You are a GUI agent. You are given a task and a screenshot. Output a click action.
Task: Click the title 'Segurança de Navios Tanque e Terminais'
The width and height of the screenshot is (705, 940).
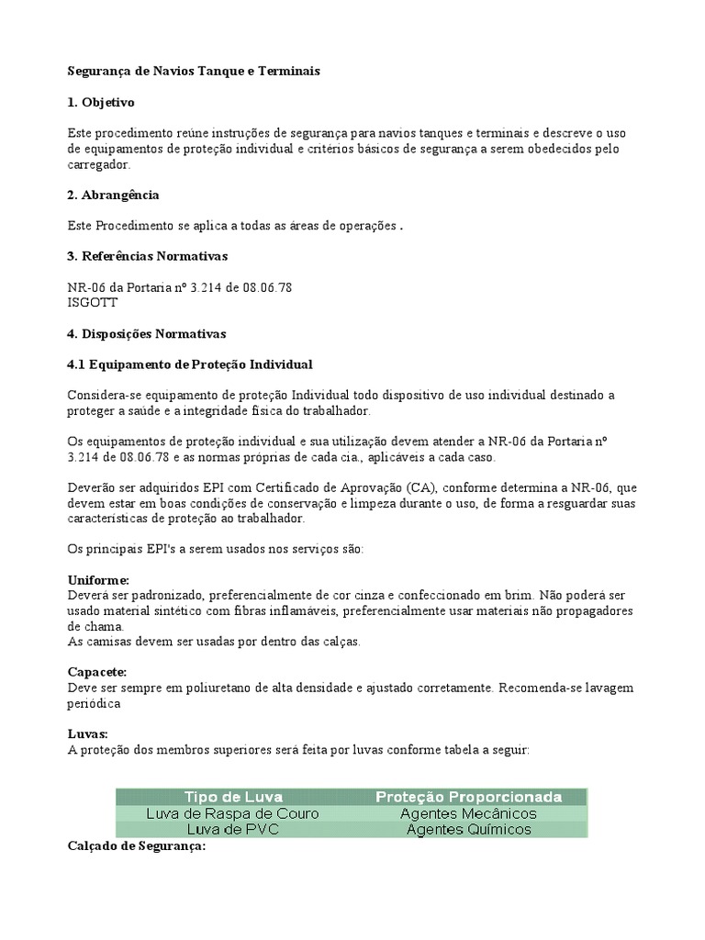[x=194, y=71]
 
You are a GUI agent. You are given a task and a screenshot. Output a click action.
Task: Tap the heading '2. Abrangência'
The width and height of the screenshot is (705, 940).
[x=113, y=195]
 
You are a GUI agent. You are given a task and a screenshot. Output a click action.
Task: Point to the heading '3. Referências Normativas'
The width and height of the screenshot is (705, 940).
[x=147, y=255]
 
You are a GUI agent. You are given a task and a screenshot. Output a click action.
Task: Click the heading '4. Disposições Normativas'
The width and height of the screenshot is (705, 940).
[x=146, y=333]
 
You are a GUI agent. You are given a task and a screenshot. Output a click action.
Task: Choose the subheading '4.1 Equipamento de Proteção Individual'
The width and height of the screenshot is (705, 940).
[x=190, y=364]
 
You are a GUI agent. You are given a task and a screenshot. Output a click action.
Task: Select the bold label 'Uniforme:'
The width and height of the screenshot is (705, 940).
[x=98, y=581]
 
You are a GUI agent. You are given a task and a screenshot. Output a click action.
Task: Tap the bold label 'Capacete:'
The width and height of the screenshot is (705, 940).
[x=97, y=673]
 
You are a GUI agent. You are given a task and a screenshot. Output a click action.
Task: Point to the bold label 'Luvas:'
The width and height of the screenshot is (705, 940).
[x=88, y=734]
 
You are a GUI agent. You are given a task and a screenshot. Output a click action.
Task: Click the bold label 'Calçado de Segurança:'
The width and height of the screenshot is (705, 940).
[x=137, y=846]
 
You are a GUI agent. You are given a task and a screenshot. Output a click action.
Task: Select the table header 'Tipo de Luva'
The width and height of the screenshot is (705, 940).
[x=233, y=797]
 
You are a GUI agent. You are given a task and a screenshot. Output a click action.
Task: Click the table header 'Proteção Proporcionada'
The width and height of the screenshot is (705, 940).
[x=468, y=797]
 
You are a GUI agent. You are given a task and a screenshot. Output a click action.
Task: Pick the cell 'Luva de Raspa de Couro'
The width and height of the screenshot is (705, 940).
[x=233, y=813]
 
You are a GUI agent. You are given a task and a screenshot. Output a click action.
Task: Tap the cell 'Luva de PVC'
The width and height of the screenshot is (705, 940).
[x=233, y=829]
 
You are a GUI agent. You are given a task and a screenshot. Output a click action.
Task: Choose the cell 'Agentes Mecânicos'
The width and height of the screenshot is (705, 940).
[x=468, y=813]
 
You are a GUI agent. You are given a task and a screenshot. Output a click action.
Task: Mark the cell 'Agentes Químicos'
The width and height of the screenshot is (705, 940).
[x=468, y=829]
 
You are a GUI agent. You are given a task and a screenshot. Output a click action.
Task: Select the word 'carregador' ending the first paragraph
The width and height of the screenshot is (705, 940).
[x=99, y=164]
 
